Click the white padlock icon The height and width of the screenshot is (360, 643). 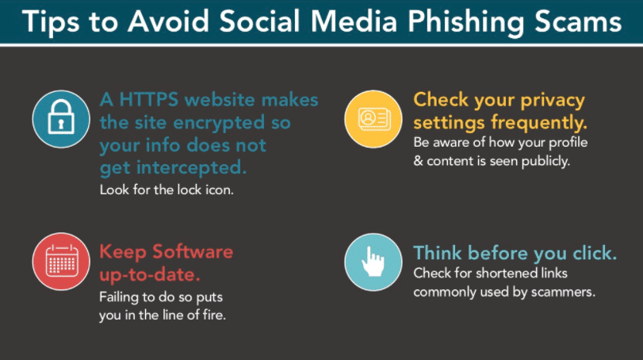[61, 117]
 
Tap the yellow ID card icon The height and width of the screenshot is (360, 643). [373, 119]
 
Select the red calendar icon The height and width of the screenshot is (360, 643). [62, 261]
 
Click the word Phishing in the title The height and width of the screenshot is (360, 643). [466, 22]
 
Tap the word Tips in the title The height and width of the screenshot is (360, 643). [51, 22]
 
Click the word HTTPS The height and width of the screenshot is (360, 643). [149, 100]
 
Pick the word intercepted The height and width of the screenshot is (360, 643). [192, 167]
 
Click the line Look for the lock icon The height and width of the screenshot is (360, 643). [166, 190]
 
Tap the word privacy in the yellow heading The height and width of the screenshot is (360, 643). [553, 101]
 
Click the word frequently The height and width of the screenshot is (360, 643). [539, 123]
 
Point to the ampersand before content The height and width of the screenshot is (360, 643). [418, 161]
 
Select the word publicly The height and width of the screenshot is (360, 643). [545, 162]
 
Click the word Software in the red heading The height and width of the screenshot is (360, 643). [193, 251]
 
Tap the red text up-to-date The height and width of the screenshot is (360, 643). [150, 274]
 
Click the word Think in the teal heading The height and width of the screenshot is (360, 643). [437, 253]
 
